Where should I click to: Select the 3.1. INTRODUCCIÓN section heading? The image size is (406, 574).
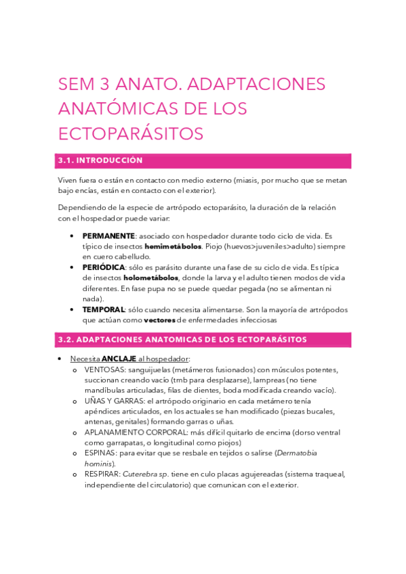[100, 160]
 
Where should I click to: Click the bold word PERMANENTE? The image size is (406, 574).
[108, 236]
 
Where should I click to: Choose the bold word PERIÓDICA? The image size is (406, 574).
[104, 267]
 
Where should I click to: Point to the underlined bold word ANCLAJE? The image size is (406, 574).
[119, 358]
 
